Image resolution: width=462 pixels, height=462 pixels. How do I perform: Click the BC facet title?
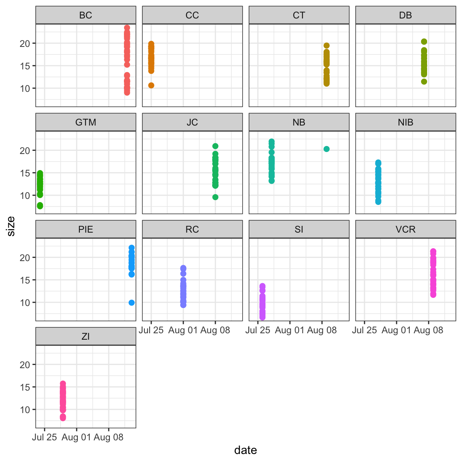click(85, 15)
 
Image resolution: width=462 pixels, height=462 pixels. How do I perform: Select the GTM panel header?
click(85, 122)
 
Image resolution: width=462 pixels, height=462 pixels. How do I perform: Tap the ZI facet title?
click(85, 336)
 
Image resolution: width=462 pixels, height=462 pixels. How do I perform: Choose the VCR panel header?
click(405, 229)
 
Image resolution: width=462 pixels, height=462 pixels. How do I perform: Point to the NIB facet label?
click(405, 122)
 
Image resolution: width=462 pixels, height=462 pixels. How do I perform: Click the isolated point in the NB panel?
click(326, 149)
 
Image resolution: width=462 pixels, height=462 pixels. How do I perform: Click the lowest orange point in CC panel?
click(151, 85)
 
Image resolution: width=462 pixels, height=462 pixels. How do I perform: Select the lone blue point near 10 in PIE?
click(132, 303)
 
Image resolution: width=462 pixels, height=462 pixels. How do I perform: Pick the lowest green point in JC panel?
click(215, 197)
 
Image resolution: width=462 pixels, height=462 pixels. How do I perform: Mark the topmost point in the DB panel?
click(424, 42)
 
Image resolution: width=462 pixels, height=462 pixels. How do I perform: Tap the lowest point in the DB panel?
click(424, 82)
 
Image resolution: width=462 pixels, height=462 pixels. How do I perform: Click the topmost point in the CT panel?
click(326, 46)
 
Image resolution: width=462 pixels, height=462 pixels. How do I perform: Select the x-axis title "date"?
click(245, 450)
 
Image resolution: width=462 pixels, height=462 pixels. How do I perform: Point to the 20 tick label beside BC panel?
click(25, 44)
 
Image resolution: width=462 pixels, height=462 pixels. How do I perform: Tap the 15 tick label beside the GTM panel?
click(25, 173)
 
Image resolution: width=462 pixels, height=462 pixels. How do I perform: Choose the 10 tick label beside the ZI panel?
click(25, 410)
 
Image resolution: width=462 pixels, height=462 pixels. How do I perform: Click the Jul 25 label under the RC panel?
click(151, 330)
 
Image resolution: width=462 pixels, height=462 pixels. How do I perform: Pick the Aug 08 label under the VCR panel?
click(428, 330)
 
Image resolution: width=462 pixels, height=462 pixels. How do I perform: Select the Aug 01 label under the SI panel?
click(290, 330)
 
